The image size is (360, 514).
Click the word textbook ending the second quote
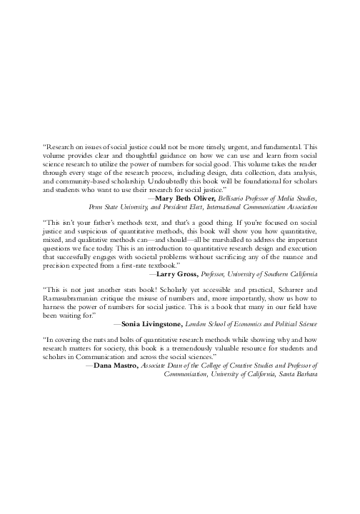pos(174,264)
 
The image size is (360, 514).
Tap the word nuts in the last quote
pos(96,340)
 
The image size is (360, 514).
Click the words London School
pos(201,323)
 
